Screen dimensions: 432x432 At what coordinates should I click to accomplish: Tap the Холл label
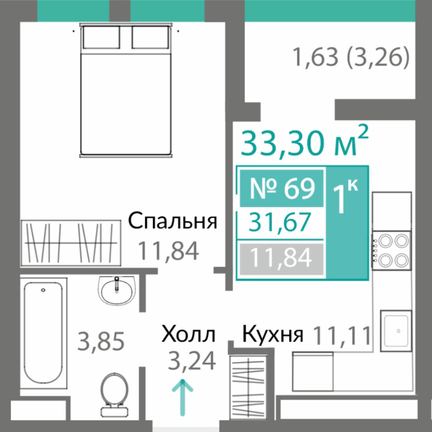[x=188, y=334]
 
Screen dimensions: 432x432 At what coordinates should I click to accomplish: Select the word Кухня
[x=273, y=335]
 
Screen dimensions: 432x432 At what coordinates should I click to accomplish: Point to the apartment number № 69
[x=281, y=189]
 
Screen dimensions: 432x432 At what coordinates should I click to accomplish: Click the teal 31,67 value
[x=280, y=222]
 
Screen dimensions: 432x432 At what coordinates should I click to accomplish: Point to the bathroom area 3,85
[x=101, y=342]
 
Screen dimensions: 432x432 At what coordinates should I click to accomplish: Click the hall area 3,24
[x=192, y=362]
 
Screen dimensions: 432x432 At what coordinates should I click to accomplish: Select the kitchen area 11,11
[x=342, y=335]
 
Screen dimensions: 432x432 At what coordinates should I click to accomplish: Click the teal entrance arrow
[x=182, y=397]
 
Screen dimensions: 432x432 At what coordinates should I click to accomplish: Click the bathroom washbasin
[x=117, y=290]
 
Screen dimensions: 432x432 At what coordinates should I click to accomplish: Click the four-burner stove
[x=391, y=251]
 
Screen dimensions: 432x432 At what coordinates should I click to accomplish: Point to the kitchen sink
[x=396, y=331]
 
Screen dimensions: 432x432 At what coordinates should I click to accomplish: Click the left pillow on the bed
[x=102, y=37]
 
